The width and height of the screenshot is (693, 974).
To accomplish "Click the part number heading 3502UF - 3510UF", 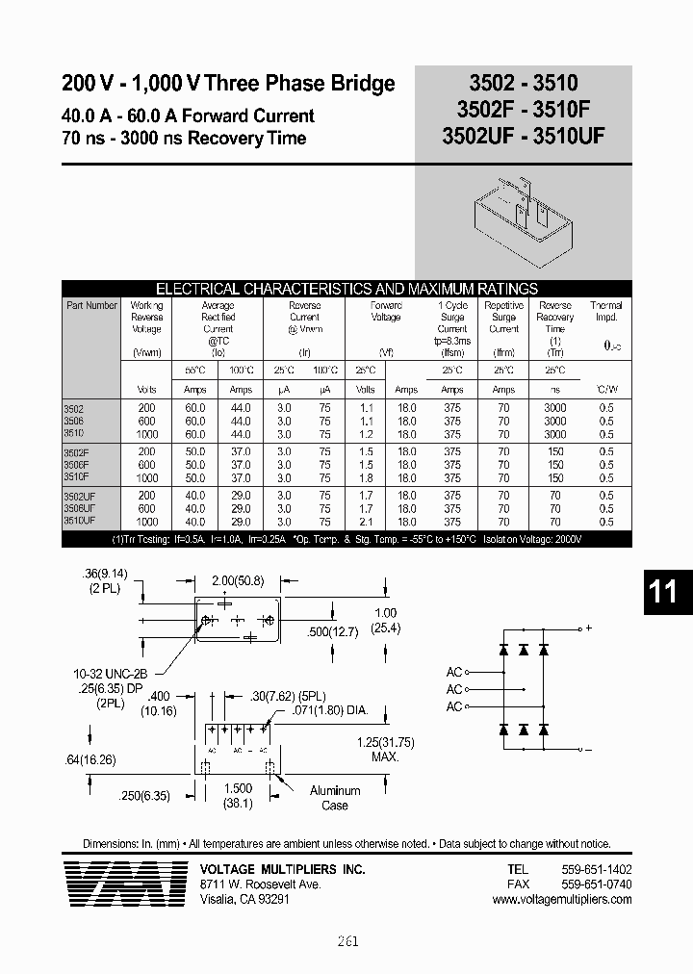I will click(523, 137).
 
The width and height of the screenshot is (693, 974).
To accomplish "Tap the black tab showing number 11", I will click(663, 591).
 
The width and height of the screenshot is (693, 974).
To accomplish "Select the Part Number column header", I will click(92, 305).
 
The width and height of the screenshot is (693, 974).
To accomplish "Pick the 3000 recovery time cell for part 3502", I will click(554, 408).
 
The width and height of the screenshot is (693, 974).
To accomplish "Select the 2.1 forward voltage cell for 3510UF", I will click(365, 520).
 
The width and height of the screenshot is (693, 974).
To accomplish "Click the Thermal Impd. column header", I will click(605, 311).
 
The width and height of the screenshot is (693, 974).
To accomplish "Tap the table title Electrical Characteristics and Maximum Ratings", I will click(346, 288).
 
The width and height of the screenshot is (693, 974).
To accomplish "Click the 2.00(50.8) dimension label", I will click(239, 581).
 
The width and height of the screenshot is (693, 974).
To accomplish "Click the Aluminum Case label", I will click(335, 797).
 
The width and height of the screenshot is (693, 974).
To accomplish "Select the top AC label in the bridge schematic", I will click(454, 673).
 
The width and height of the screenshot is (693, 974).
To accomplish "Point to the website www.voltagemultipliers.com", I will click(561, 899).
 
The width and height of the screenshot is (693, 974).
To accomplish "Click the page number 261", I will click(347, 940).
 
